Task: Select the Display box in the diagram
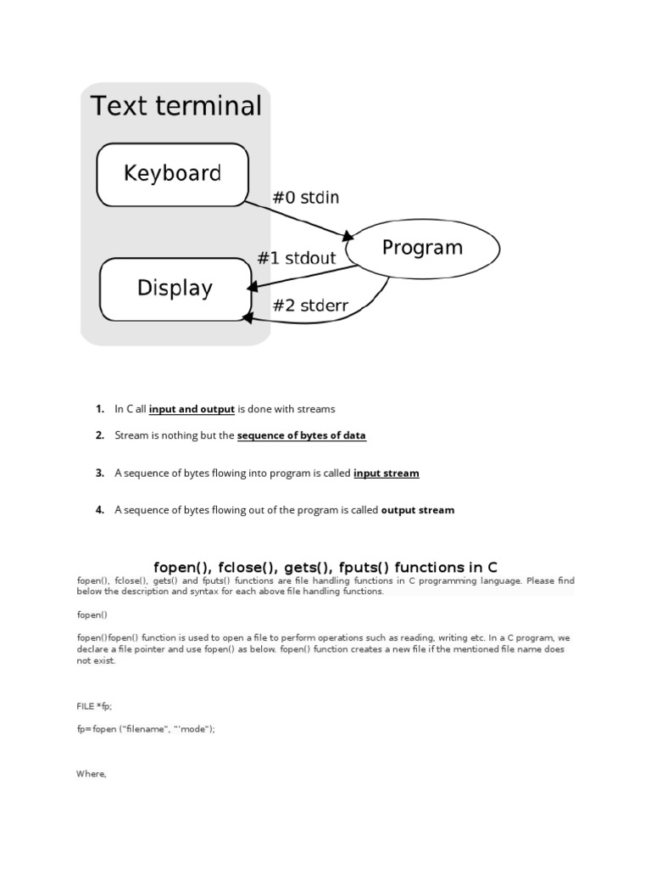175,288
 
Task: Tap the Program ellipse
422,248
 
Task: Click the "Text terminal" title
176,107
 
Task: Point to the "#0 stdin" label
305,198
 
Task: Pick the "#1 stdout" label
296,257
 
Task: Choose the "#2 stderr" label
310,306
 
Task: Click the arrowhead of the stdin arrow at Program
348,235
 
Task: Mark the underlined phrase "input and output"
192,409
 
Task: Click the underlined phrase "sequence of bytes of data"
301,435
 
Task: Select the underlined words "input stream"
386,474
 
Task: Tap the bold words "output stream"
417,510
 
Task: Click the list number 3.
99,474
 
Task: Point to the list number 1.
99,409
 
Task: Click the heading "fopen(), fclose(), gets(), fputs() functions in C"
325,566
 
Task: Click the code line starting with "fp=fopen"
146,729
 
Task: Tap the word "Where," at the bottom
92,774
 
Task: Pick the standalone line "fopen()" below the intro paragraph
92,614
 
